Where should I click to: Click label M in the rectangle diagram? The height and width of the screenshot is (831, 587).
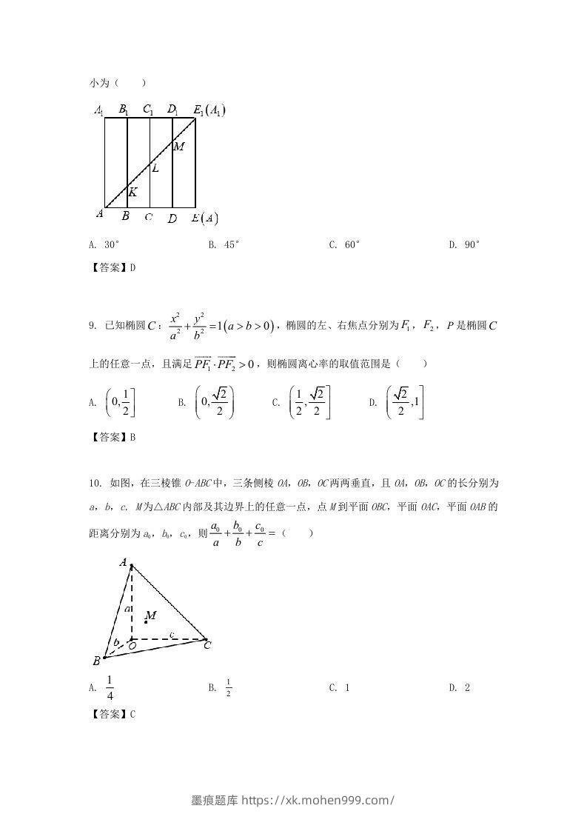[178, 147]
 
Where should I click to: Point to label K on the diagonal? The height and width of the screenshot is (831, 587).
[133, 193]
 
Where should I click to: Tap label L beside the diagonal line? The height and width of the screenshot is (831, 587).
[155, 169]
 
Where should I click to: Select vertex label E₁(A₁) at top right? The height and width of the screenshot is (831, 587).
[209, 110]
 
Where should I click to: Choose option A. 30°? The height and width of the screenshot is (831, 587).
[104, 244]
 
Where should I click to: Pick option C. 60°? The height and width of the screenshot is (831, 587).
[344, 244]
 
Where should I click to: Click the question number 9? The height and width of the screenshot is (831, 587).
[92, 324]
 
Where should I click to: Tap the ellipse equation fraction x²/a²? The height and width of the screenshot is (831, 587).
[175, 325]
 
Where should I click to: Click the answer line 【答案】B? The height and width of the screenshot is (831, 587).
[112, 437]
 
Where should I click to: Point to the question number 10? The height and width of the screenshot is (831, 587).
[95, 484]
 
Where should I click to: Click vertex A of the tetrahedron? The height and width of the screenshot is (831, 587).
[123, 563]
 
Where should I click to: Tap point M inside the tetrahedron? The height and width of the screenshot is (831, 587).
[150, 616]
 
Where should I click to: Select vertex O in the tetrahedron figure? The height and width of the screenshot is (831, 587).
[132, 646]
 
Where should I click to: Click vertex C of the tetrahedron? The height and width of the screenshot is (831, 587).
[207, 645]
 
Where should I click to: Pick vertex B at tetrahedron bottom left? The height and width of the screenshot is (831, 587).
[96, 661]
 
